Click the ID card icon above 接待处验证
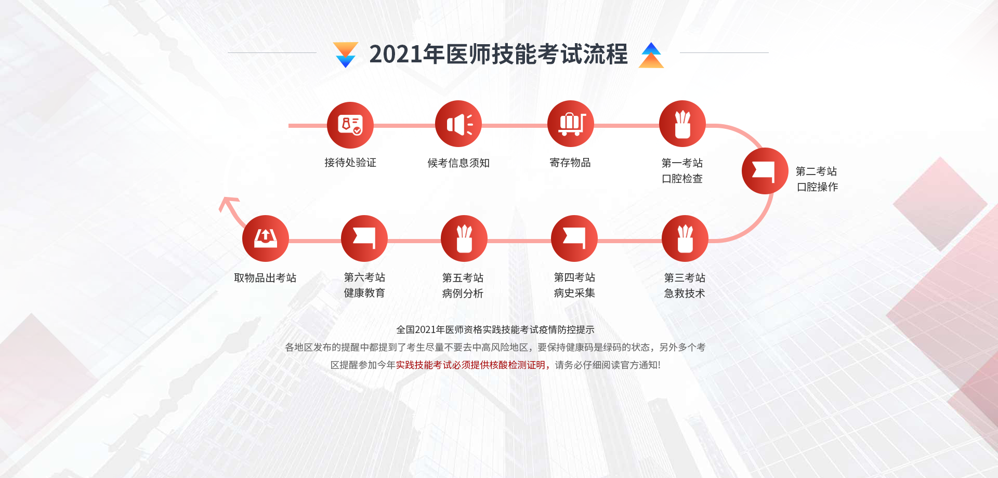350,125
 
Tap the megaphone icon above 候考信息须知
458,124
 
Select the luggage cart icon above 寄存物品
571,124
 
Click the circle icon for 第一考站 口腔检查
682,124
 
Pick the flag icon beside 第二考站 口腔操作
765,171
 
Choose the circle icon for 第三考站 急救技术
685,238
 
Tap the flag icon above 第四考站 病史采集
574,238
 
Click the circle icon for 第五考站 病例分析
464,238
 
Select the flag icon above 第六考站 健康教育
364,238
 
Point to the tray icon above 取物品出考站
266,238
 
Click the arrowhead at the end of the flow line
227,202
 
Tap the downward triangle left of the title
346,55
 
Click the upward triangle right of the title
651,55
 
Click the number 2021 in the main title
396,54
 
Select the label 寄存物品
570,163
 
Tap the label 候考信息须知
458,163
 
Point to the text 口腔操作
817,187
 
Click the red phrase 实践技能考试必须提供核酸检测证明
470,365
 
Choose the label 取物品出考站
265,278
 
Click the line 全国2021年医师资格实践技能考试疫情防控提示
495,329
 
